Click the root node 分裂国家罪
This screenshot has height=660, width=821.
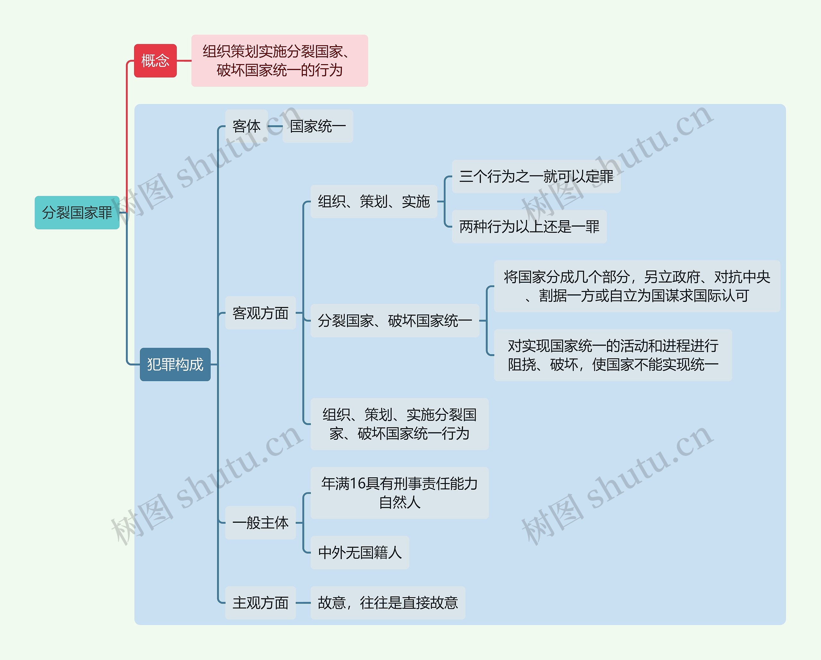pos(77,213)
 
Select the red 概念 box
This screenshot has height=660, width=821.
pos(155,61)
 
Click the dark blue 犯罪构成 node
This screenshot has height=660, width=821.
pos(175,364)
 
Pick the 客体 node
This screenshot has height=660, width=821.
pos(246,126)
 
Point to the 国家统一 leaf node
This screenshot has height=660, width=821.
pos(317,126)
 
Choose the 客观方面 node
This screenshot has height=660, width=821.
pos(260,313)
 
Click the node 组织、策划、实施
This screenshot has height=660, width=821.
pos(374,201)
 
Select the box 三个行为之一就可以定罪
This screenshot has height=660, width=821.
pos(536,176)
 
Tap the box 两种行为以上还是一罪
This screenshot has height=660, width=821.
pos(529,227)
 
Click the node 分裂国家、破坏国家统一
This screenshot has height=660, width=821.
pos(394,321)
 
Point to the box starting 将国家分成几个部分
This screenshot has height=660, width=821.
pos(637,286)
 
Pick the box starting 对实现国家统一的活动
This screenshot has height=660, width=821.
pos(613,355)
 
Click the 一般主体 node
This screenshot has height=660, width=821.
pos(260,522)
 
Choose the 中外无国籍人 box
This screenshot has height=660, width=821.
pos(360,553)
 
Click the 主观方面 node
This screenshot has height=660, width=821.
pos(260,603)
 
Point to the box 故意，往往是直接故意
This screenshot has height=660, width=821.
pos(388,603)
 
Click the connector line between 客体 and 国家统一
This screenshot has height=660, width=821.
pos(275,126)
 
